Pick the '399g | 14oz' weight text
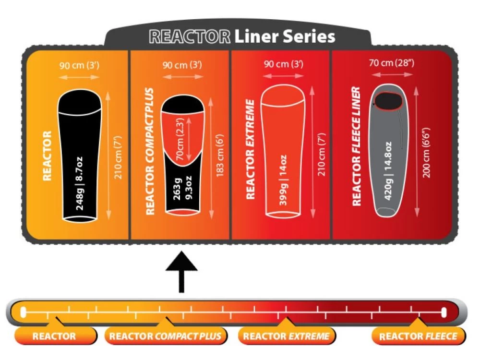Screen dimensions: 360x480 coord(283,180)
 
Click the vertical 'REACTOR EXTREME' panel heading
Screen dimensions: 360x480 coord(250,149)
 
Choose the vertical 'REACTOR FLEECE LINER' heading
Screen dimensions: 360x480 coord(356,146)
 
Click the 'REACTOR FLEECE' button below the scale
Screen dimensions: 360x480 coord(418,336)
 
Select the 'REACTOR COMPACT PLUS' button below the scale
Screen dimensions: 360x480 coord(166,336)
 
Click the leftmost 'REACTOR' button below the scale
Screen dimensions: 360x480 coord(54,336)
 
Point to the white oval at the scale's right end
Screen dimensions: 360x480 coord(444,313)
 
